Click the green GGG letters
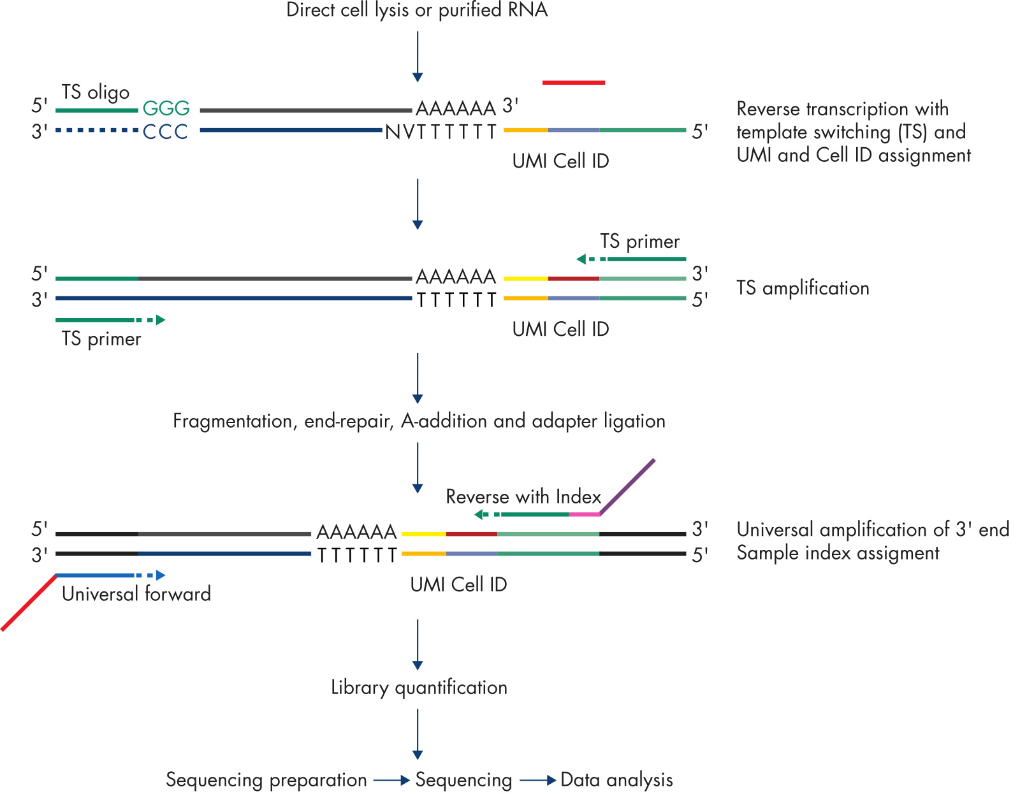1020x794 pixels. click(166, 108)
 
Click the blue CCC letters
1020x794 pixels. click(166, 132)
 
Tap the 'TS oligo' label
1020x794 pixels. click(96, 92)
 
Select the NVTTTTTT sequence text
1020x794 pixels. click(441, 132)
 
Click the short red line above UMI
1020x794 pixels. click(574, 82)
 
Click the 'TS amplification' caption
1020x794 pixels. click(803, 288)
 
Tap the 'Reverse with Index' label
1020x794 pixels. click(523, 496)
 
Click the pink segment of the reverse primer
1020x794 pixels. click(584, 514)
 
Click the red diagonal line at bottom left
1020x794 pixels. click(29, 603)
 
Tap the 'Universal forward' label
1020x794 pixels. click(136, 594)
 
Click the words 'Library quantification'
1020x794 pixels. click(419, 688)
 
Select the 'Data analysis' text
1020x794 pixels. click(616, 780)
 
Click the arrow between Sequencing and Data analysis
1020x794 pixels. click(537, 780)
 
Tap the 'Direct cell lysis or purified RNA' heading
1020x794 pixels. click(417, 10)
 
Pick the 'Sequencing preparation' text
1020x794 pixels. click(266, 780)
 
